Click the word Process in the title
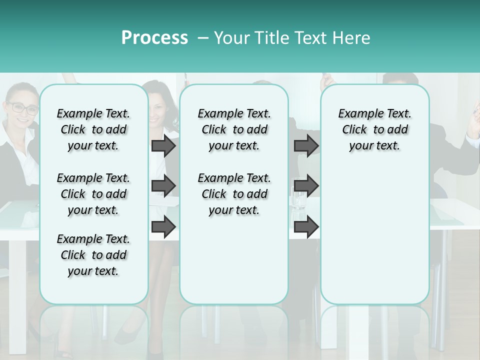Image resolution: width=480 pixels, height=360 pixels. point(154,38)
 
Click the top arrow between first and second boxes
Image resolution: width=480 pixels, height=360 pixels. point(163,145)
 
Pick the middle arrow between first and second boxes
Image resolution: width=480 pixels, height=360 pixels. point(163,186)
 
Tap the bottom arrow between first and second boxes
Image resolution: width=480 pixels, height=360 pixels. point(163,227)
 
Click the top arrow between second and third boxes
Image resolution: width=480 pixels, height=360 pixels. point(306,145)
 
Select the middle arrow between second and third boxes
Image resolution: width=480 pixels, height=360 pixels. point(306,186)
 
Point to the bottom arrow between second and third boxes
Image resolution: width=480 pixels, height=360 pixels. point(306,227)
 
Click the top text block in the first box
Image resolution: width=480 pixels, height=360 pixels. point(93,129)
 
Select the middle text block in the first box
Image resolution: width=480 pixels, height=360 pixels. point(93,194)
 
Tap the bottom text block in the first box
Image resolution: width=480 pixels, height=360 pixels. point(93,255)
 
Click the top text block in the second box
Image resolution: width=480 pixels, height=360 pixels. point(234,129)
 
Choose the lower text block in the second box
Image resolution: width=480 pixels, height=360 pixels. point(234,194)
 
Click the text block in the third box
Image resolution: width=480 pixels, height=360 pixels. point(374,129)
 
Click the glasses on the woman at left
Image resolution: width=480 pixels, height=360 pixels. point(22,108)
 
